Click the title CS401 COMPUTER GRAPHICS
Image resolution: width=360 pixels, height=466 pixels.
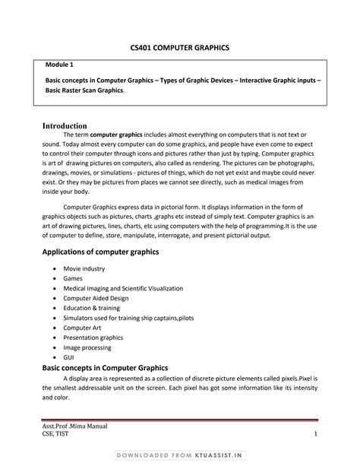[x=180, y=48]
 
